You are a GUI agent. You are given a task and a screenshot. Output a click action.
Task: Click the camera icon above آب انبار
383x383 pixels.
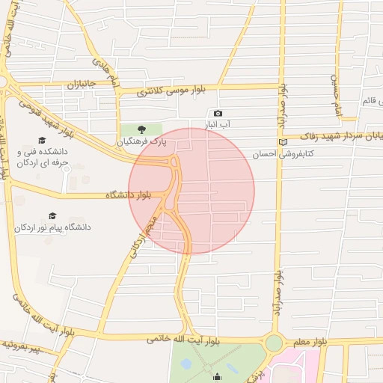click(x=218, y=113)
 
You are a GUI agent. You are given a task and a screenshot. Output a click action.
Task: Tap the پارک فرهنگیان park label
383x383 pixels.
click(x=142, y=141)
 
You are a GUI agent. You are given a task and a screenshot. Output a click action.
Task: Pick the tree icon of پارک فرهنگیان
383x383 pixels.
click(x=142, y=129)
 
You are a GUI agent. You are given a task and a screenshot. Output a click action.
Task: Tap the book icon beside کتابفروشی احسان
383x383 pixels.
click(x=282, y=142)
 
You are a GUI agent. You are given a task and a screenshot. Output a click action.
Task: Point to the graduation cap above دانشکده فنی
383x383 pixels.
click(x=42, y=140)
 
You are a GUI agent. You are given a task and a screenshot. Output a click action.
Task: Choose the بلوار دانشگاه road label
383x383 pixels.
click(x=128, y=195)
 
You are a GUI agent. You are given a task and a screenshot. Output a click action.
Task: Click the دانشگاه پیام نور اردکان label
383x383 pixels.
click(x=52, y=226)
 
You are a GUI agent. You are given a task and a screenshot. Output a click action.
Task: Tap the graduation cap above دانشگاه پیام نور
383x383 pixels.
click(x=52, y=215)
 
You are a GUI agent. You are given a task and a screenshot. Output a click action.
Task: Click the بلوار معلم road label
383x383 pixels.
click(x=310, y=341)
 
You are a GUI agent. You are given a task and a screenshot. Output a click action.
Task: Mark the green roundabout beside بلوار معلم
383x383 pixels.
click(x=274, y=343)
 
